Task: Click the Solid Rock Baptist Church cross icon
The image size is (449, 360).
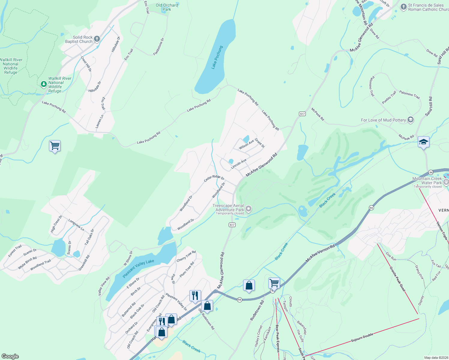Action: pyautogui.click(x=97, y=39)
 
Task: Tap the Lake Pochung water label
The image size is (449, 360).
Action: pyautogui.click(x=217, y=57)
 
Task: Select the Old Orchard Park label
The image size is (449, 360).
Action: pyautogui.click(x=167, y=7)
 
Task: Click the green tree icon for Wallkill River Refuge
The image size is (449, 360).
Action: pyautogui.click(x=44, y=84)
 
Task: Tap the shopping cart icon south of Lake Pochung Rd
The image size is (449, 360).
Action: pyautogui.click(x=55, y=146)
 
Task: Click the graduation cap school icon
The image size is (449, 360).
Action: pyautogui.click(x=423, y=142)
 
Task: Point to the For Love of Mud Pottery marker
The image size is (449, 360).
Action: pyautogui.click(x=411, y=120)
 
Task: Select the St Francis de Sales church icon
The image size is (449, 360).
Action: pyautogui.click(x=403, y=7)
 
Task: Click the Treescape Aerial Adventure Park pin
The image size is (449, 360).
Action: pyautogui.click(x=249, y=208)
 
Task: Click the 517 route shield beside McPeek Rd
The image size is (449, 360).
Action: pyautogui.click(x=302, y=114)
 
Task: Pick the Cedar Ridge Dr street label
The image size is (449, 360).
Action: pyautogui.click(x=214, y=178)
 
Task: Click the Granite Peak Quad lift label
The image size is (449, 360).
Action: pyautogui.click(x=397, y=279)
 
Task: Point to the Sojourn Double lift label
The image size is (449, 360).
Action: pyautogui.click(x=362, y=338)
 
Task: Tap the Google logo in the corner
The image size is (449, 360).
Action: pyautogui.click(x=10, y=356)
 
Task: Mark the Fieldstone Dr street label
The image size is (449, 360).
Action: pyautogui.click(x=159, y=46)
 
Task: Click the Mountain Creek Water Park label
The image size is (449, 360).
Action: pyautogui.click(x=427, y=181)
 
